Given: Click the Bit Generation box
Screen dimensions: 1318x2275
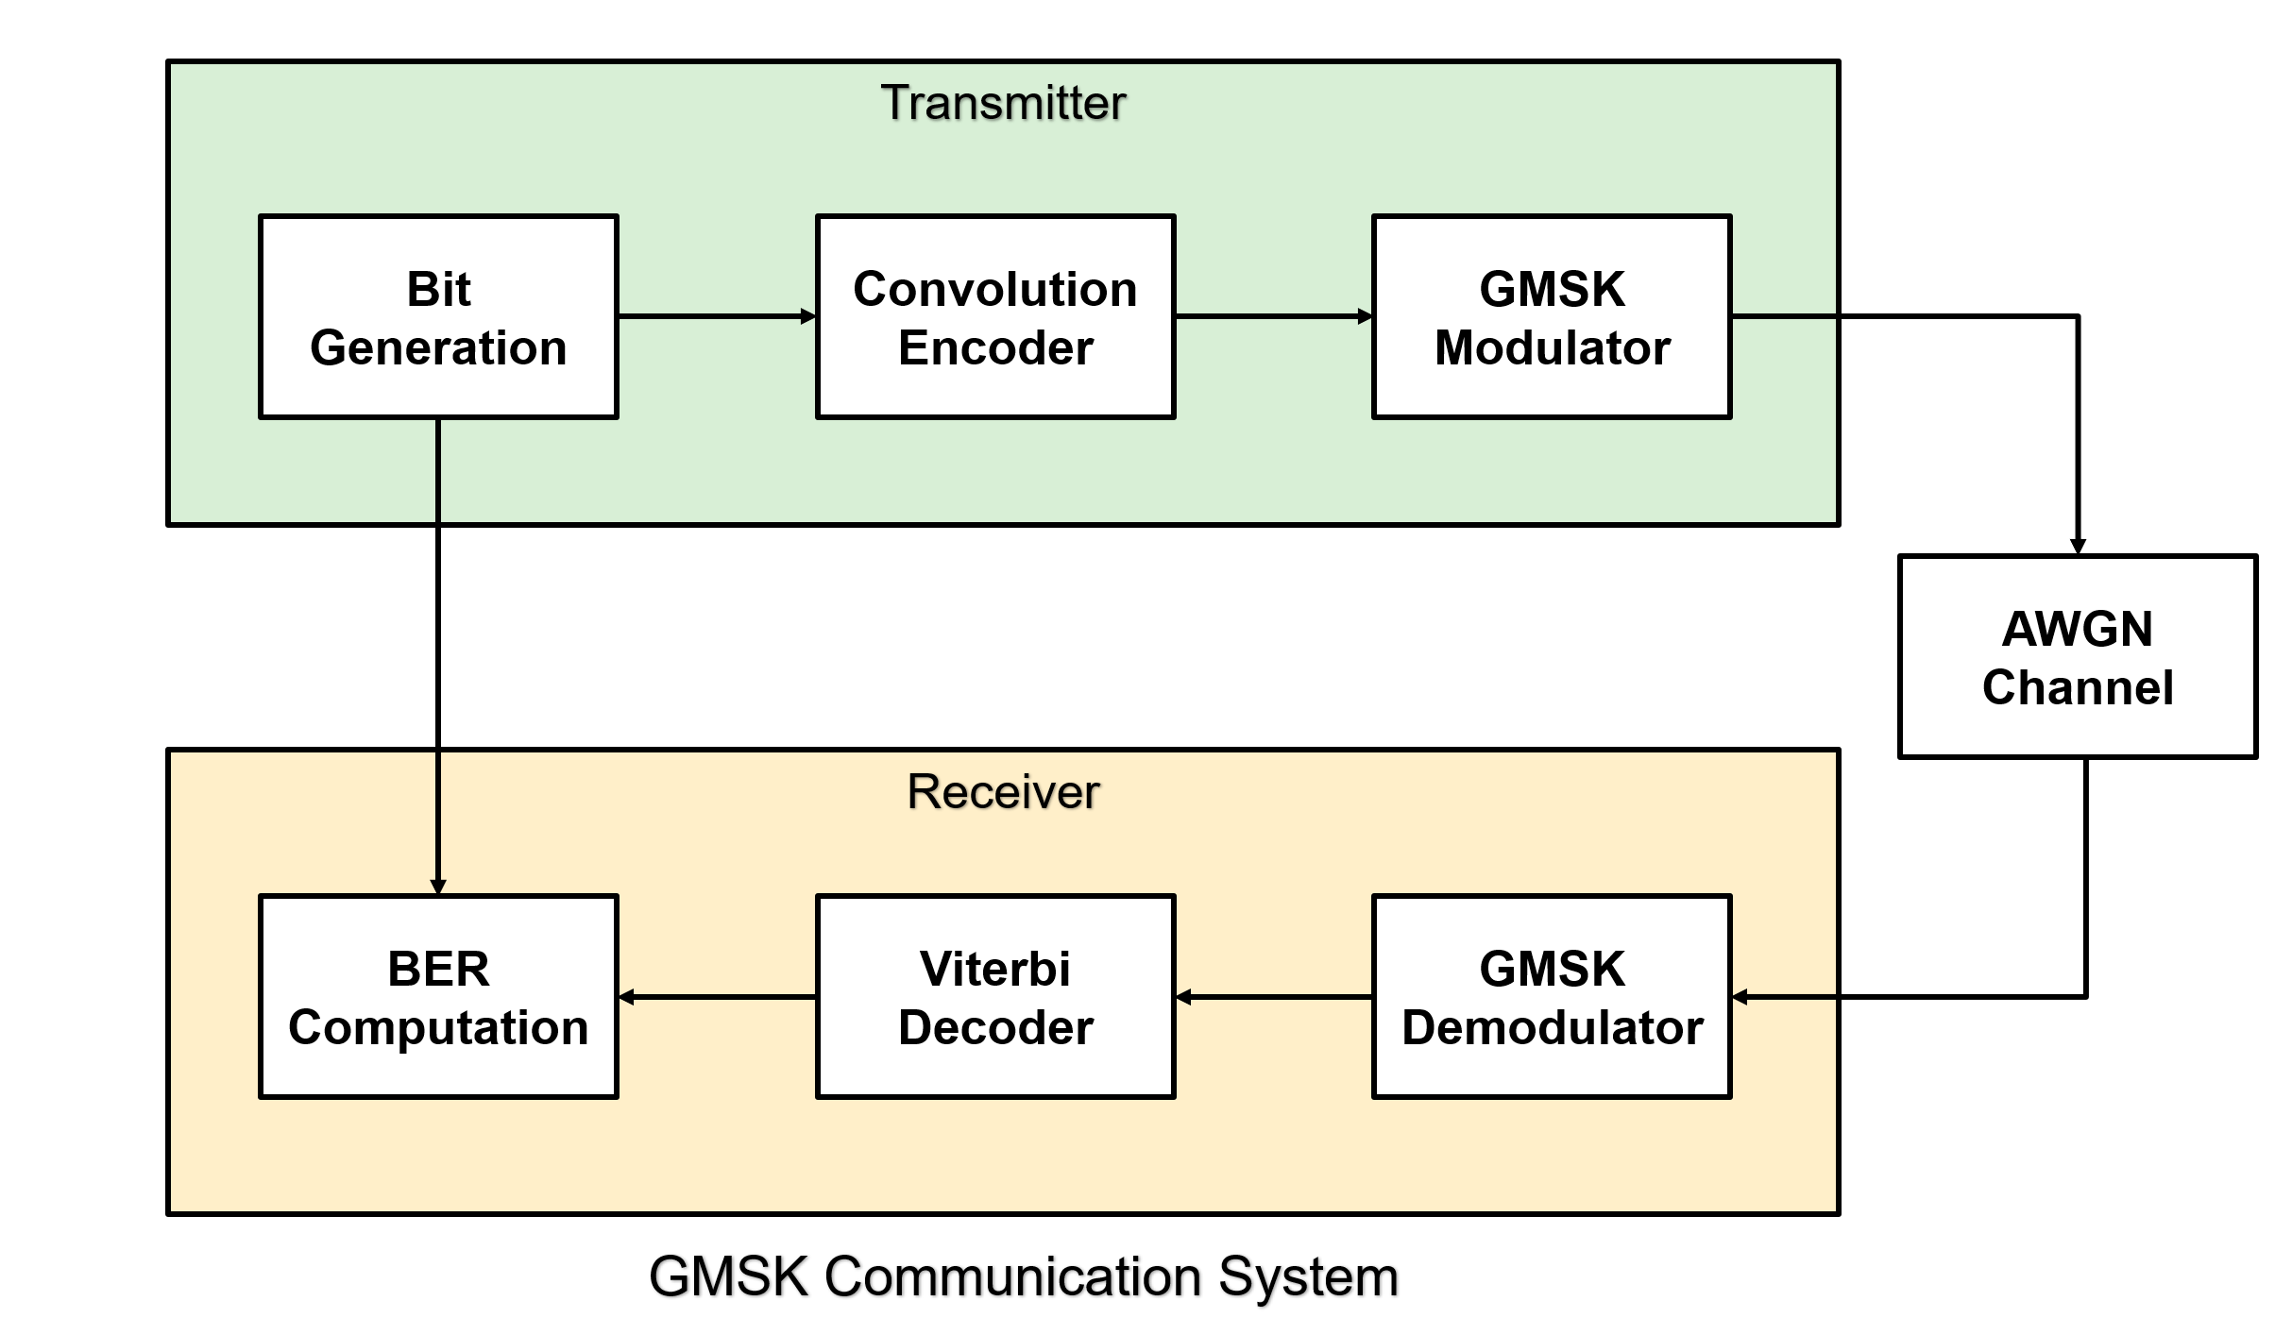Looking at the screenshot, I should [x=438, y=317].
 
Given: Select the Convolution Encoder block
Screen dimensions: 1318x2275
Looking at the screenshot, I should [x=995, y=317].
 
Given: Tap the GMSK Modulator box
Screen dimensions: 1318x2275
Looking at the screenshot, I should [x=1552, y=317].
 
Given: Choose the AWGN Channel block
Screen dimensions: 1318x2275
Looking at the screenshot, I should [x=2078, y=657].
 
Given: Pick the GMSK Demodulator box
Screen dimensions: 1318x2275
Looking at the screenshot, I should [x=1552, y=997].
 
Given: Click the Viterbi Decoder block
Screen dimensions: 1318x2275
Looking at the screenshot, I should [x=995, y=997].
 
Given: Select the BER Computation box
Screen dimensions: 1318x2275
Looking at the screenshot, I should [x=438, y=997].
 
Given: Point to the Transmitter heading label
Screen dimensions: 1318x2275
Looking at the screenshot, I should [x=1003, y=103].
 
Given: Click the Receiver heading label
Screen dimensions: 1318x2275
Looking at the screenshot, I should [x=1003, y=791].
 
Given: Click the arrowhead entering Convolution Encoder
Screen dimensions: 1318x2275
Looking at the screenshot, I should [x=808, y=316].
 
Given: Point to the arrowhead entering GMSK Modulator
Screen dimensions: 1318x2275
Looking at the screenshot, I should [x=1365, y=316].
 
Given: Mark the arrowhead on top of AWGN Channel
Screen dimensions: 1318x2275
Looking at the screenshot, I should [x=2078, y=547].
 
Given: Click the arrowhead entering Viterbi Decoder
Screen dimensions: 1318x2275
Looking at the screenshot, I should [x=1183, y=997].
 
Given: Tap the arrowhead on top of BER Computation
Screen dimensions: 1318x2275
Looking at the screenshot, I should [x=438, y=887].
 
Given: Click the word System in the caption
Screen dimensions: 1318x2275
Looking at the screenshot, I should [x=1308, y=1276].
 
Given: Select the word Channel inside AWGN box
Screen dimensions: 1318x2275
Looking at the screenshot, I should [x=2078, y=687].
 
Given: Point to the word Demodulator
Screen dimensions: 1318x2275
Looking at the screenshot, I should [x=1552, y=1027].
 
